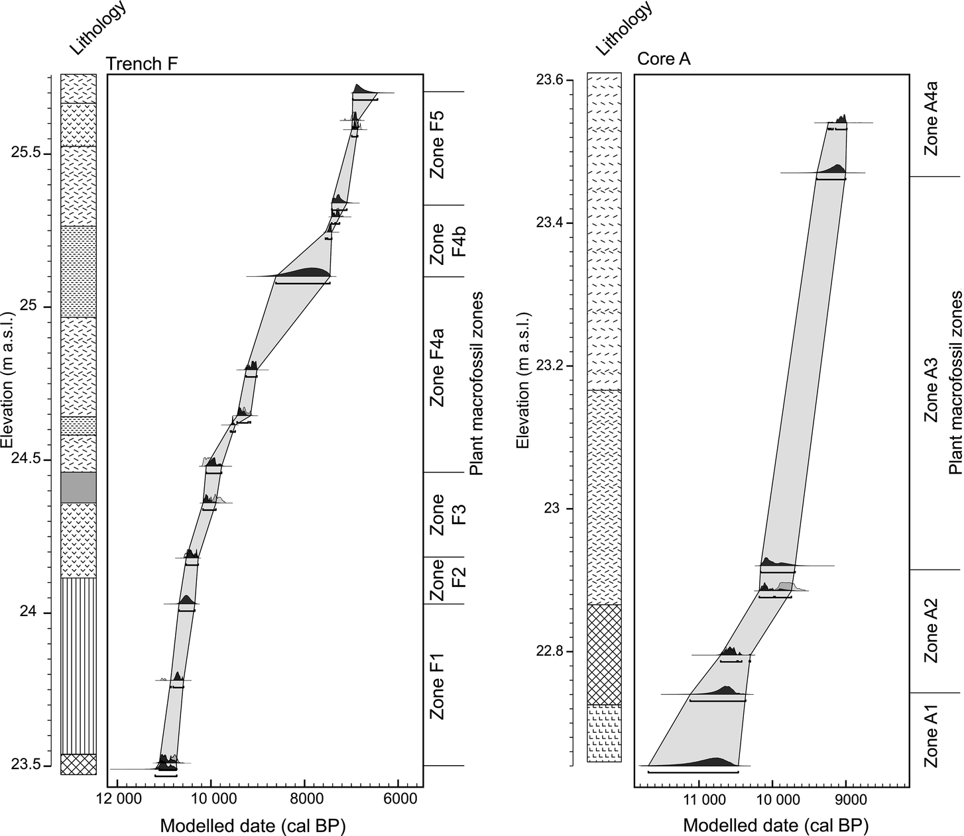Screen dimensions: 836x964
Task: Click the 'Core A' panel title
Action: tap(664, 59)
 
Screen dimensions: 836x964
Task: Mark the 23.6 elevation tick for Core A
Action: tap(550, 79)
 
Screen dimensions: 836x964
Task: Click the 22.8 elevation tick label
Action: tap(550, 651)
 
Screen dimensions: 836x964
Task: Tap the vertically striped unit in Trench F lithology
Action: tap(78, 666)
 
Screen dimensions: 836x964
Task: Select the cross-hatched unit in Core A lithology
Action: tap(604, 654)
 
